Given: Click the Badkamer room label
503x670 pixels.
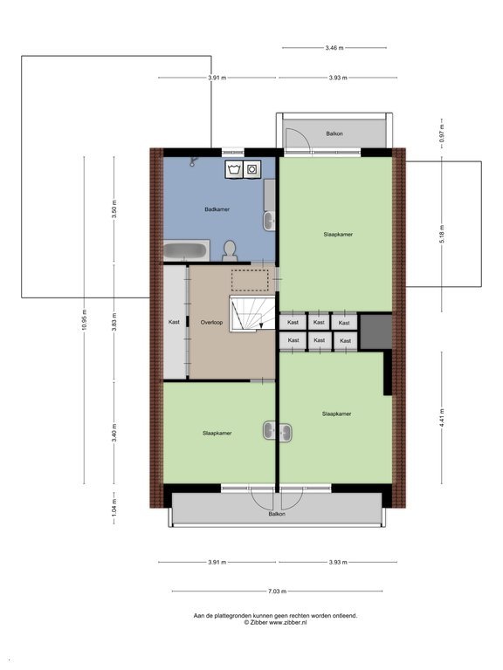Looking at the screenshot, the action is (217, 209).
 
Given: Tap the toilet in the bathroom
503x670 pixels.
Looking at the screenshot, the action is (230, 251).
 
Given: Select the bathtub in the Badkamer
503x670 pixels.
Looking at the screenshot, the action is (187, 250).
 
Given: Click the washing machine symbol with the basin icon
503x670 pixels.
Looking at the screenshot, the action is (234, 169).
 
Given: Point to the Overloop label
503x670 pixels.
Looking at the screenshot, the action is (211, 322).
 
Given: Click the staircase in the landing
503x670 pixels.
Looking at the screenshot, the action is (252, 313).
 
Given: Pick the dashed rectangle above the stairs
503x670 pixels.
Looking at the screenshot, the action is (250, 280).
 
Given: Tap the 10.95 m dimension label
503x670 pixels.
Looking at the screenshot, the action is (84, 319).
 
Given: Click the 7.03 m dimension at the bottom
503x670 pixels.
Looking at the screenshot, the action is (277, 591).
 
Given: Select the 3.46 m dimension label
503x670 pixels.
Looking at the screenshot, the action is (334, 48).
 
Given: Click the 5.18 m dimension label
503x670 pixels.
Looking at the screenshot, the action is (442, 234).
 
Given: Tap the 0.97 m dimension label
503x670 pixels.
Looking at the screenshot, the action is (442, 133).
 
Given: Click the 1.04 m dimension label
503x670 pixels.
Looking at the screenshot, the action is (114, 508).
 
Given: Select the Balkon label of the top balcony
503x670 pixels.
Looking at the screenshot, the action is (334, 133).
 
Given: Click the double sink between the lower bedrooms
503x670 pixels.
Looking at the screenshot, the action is (277, 431).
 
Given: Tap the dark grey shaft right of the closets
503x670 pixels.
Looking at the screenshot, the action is (376, 332).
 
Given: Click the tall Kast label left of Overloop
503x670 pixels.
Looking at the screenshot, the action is (174, 322).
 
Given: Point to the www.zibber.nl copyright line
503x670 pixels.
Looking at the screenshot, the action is (275, 623).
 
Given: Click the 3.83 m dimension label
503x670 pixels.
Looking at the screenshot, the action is (114, 322).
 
